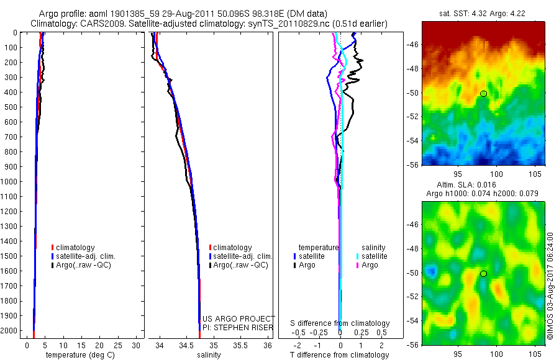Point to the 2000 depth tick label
[x=10, y=330]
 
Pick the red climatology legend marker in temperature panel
[x=53, y=248]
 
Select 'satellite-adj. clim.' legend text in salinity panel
[x=244, y=256]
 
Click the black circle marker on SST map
[x=483, y=94]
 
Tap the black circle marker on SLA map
[x=483, y=274]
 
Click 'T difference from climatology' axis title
[x=340, y=355]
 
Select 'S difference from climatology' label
[x=340, y=323]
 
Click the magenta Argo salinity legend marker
[x=358, y=265]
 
